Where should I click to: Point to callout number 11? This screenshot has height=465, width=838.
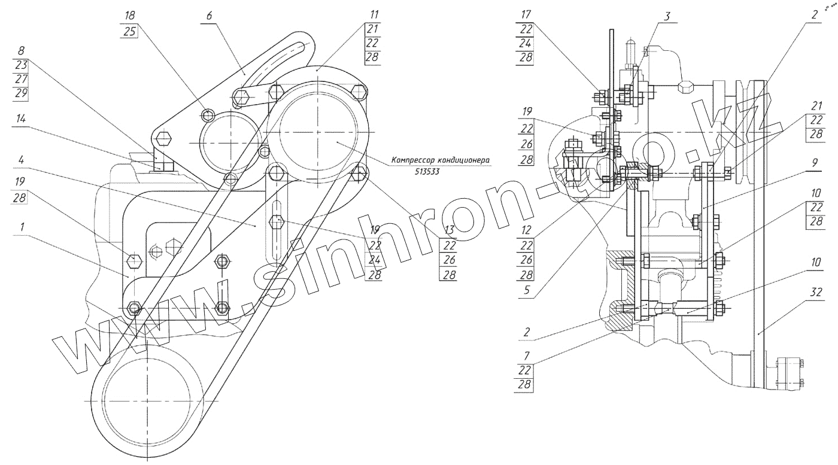(374, 14)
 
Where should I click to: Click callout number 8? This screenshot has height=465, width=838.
(22, 51)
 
